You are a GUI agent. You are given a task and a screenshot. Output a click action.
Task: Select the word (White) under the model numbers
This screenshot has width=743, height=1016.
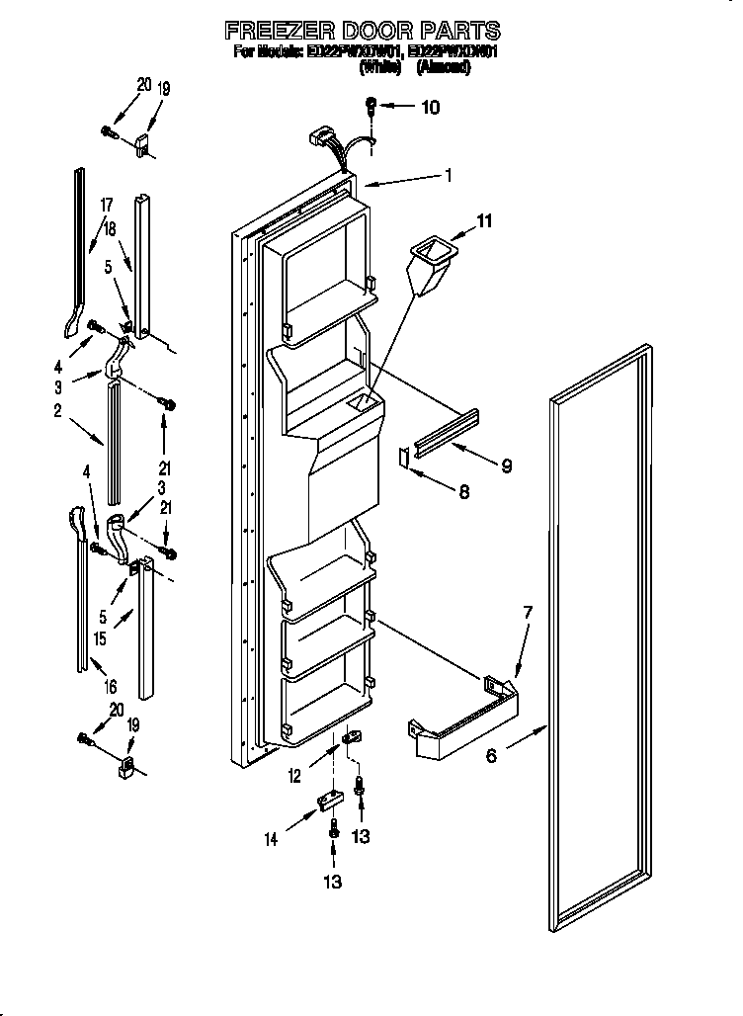pos(380,67)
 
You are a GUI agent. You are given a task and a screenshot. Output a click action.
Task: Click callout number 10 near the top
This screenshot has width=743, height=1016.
pos(430,108)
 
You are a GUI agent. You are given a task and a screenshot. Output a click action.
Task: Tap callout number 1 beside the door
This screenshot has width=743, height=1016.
pos(449,177)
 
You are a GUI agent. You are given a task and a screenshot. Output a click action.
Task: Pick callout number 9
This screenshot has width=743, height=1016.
pos(506,465)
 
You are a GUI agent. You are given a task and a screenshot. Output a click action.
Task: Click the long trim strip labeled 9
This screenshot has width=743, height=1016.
pos(447,433)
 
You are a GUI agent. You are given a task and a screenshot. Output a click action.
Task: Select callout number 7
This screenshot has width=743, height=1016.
pos(528,614)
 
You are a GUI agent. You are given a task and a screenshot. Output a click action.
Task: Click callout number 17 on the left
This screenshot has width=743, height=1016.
pos(106,205)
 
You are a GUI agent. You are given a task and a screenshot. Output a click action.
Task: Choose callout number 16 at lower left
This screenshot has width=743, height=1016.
pos(110,686)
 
